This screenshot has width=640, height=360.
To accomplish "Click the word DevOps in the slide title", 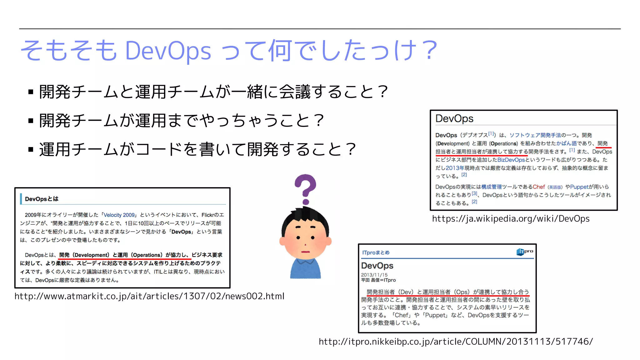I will click(168, 51).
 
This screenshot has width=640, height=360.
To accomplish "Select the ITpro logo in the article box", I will click(525, 252).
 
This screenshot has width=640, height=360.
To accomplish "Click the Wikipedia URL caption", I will click(511, 219).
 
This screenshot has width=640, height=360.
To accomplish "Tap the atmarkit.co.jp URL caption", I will click(149, 296).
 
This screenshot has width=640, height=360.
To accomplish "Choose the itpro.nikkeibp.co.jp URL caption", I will click(456, 342).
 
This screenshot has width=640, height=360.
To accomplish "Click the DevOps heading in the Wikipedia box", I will click(454, 119).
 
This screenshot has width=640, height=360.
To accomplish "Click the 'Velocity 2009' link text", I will click(119, 215).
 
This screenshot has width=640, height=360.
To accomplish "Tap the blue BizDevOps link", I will click(511, 160).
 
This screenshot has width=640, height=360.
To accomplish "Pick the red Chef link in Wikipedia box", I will click(539, 187).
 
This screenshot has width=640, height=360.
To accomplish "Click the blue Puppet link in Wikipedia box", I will click(579, 187).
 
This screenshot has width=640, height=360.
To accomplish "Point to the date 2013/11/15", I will click(374, 275).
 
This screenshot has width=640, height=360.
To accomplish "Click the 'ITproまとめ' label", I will click(376, 252).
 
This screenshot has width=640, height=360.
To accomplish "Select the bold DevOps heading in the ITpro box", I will click(377, 266).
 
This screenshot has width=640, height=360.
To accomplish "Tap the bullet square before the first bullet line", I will click(31, 92).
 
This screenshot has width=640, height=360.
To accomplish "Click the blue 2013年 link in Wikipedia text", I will click(455, 168).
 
